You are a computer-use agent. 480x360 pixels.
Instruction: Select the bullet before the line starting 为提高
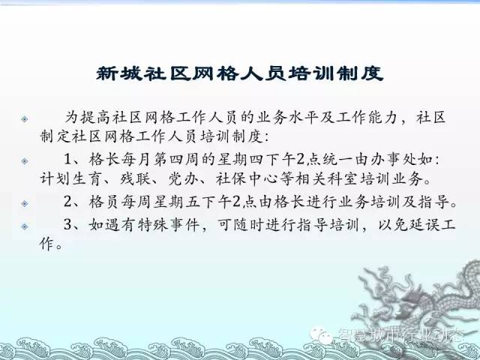tap(25, 118)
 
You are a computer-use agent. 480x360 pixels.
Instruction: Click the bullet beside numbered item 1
tap(25, 161)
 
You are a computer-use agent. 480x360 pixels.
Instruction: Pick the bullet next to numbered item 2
tap(25, 203)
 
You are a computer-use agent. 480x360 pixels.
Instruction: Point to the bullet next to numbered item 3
tap(25, 226)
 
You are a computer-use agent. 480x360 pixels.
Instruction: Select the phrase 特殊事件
tap(169, 225)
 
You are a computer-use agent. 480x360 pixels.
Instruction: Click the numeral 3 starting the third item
tap(67, 225)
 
